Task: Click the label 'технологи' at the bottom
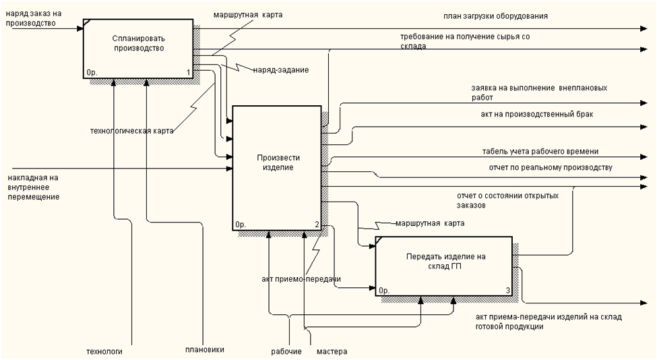pos(104,351)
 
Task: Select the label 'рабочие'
pos(286,351)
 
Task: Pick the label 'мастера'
pos(332,351)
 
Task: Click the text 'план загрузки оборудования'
pos(495,15)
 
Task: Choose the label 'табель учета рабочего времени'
pos(540,152)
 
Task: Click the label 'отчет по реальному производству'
pos(546,167)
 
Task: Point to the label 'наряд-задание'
pos(281,69)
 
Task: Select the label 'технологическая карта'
pos(131,131)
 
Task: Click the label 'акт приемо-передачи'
pos(301,278)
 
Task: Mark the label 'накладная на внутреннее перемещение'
pos(34,187)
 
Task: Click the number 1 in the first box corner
pos(189,72)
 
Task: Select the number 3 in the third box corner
pos(507,291)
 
